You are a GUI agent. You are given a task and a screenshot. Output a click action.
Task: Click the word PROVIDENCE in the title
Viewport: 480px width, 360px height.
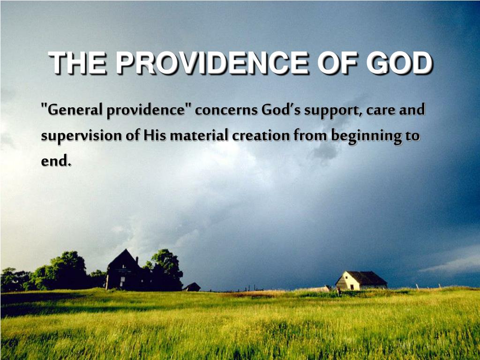pyautogui.click(x=212, y=63)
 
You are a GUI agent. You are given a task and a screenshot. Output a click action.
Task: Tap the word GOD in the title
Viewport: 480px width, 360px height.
pyautogui.click(x=399, y=63)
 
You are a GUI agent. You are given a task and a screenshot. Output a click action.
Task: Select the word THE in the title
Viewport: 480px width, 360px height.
pyautogui.click(x=78, y=63)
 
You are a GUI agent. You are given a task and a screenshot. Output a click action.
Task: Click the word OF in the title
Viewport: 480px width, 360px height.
pyautogui.click(x=338, y=63)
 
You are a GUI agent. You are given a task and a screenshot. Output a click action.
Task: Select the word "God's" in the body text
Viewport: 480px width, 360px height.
pyautogui.click(x=281, y=110)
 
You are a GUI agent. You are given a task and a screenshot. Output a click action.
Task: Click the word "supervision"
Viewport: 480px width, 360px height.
pyautogui.click(x=82, y=136)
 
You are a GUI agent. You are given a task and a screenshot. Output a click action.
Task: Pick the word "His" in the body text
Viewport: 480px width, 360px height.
pyautogui.click(x=155, y=135)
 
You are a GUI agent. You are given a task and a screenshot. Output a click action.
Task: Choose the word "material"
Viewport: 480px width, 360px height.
pyautogui.click(x=199, y=135)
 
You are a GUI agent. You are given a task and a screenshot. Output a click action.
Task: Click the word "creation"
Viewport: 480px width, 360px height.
pyautogui.click(x=261, y=135)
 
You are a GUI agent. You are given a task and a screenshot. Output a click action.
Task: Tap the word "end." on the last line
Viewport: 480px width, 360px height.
pyautogui.click(x=56, y=160)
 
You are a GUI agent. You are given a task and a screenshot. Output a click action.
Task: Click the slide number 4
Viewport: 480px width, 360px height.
pyautogui.click(x=436, y=337)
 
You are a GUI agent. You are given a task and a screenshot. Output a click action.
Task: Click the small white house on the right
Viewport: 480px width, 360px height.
pyautogui.click(x=361, y=280)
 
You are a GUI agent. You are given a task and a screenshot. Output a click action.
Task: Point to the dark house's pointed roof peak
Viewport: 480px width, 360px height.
pyautogui.click(x=125, y=249)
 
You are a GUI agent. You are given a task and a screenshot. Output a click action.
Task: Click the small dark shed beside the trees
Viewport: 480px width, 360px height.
pyautogui.click(x=192, y=287)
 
